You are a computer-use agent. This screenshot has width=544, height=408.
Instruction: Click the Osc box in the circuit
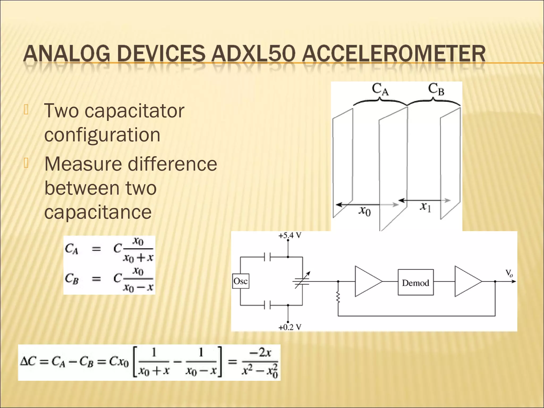pyautogui.click(x=241, y=281)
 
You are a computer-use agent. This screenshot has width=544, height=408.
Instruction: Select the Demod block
pyautogui.click(x=415, y=283)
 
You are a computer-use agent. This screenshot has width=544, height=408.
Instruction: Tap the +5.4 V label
pyautogui.click(x=290, y=236)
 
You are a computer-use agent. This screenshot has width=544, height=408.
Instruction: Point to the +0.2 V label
pyautogui.click(x=290, y=327)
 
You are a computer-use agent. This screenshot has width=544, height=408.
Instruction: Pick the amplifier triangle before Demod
pyautogui.click(x=367, y=282)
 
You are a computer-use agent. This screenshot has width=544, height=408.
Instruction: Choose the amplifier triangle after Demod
pyautogui.click(x=467, y=282)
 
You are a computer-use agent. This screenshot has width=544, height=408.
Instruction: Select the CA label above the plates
pyautogui.click(x=380, y=89)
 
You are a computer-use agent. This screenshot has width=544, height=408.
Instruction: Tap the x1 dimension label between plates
pyautogui.click(x=425, y=206)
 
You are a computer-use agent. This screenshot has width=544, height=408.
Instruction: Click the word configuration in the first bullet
pyautogui.click(x=102, y=135)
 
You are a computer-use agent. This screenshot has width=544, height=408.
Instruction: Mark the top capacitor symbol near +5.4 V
pyautogui.click(x=267, y=257)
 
